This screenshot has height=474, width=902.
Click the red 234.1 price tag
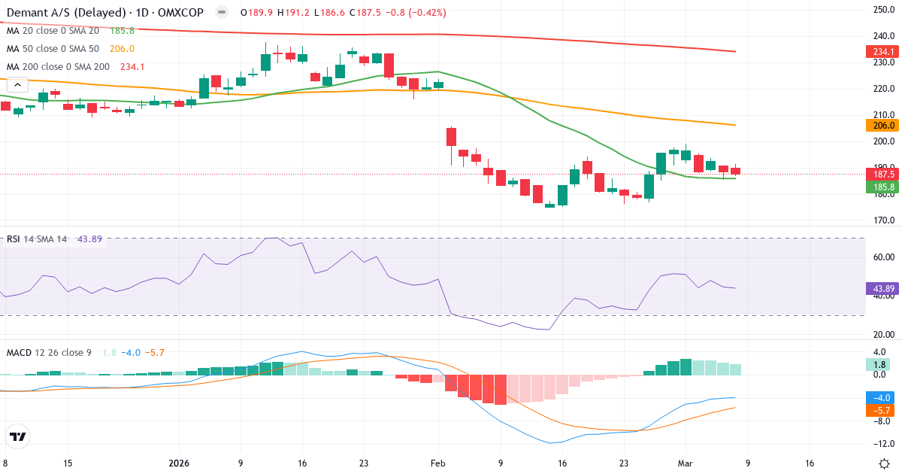coord(882,52)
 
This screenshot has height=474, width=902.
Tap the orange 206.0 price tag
coord(882,126)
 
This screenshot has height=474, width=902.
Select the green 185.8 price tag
coord(882,186)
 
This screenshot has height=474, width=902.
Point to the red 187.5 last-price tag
coord(882,174)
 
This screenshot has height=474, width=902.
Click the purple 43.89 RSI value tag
coord(882,288)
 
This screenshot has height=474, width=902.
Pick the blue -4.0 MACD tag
coord(882,398)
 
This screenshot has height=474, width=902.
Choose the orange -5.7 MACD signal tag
coord(882,410)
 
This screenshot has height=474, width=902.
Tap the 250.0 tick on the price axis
coord(882,10)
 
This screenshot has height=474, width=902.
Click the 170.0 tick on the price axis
coord(882,220)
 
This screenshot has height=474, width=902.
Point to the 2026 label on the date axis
coord(178,463)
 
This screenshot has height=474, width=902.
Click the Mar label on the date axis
coord(686,463)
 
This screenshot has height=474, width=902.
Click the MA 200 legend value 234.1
coord(132,67)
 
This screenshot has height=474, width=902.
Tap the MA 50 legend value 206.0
coord(122,49)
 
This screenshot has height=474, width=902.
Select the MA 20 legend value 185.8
coord(122,31)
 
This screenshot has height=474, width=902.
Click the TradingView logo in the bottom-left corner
coord(18,436)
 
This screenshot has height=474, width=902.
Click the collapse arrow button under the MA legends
coord(17,85)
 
